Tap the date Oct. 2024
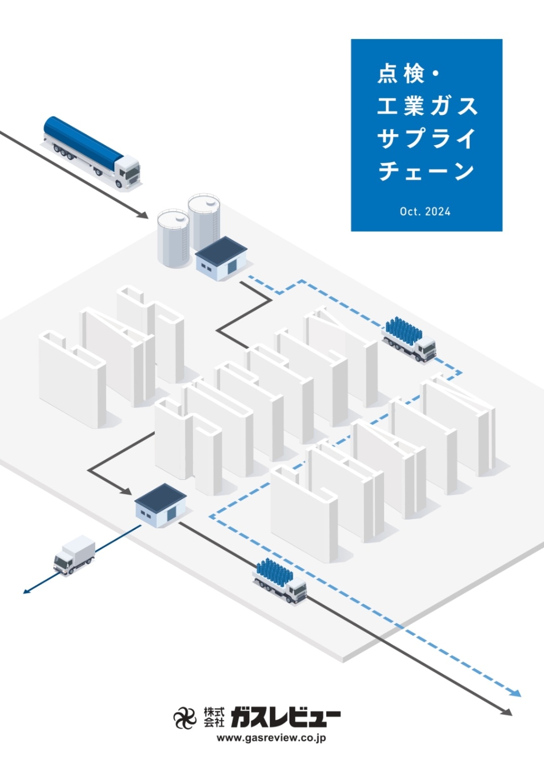pos(425,211)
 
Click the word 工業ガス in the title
pos(427,106)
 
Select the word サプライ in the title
pos(427,138)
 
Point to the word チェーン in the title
pos(427,171)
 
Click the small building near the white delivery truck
pos(160,505)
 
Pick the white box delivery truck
pos(74,555)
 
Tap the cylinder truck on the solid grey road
pos(280,580)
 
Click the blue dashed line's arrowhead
pos(516,694)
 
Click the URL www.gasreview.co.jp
pos(271,738)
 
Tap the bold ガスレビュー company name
pos(285,717)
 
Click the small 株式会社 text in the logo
pos(214,717)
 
